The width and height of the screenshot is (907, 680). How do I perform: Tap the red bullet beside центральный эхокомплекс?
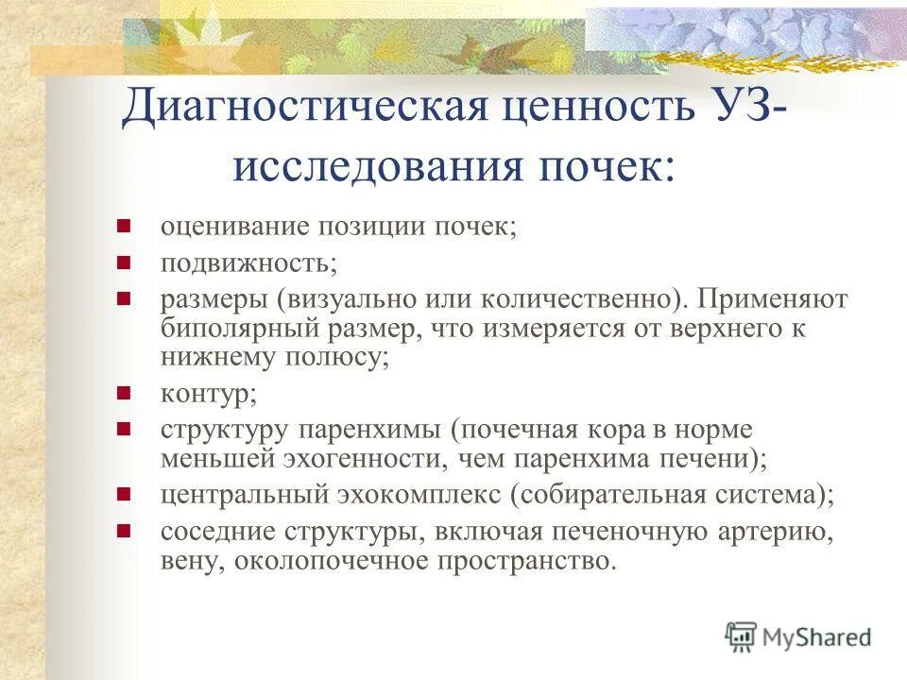pos(123,493)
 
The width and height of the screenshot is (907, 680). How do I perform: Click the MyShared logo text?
pos(817,637)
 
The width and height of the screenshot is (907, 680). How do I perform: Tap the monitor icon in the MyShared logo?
pos(742,637)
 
